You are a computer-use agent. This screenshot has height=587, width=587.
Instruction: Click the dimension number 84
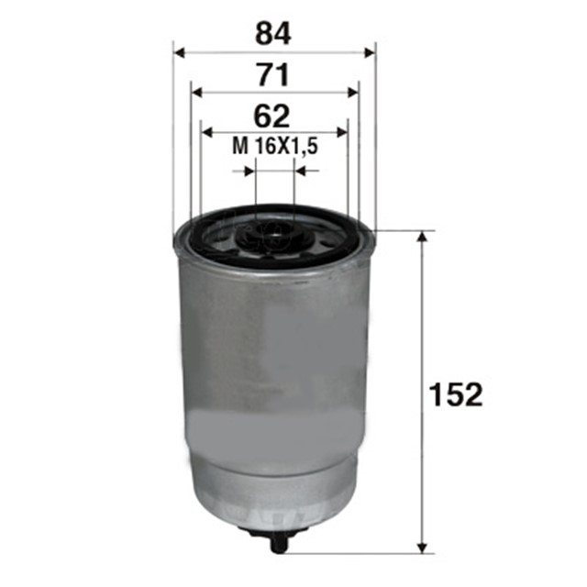[x=273, y=34]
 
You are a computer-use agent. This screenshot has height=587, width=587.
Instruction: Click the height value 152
[x=455, y=395]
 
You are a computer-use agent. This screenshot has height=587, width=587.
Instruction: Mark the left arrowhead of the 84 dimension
[x=178, y=52]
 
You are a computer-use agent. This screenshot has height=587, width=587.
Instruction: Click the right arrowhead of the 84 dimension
[x=371, y=52]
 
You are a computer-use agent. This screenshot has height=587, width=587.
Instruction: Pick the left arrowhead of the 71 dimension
[x=196, y=93]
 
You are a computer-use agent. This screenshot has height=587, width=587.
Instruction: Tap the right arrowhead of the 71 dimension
[x=353, y=93]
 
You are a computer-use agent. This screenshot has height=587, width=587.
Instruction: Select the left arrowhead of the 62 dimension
[x=206, y=133]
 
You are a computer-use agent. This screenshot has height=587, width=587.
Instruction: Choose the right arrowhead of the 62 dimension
[x=342, y=133]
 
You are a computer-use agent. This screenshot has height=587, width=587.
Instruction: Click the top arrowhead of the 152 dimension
[x=422, y=237]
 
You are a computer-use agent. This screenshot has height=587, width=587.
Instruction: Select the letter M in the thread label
[x=240, y=146]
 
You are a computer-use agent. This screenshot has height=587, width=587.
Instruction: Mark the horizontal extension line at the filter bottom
[x=367, y=553]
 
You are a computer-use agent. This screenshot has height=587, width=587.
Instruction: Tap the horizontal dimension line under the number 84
[x=274, y=52]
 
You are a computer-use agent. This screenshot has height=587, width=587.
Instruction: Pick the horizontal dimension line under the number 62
[x=274, y=133]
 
